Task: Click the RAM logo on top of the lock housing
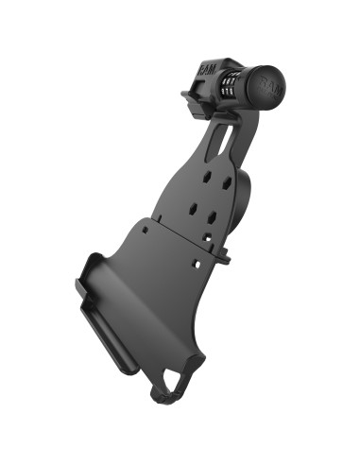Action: pos(208,69)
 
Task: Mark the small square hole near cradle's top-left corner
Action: pos(143,228)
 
